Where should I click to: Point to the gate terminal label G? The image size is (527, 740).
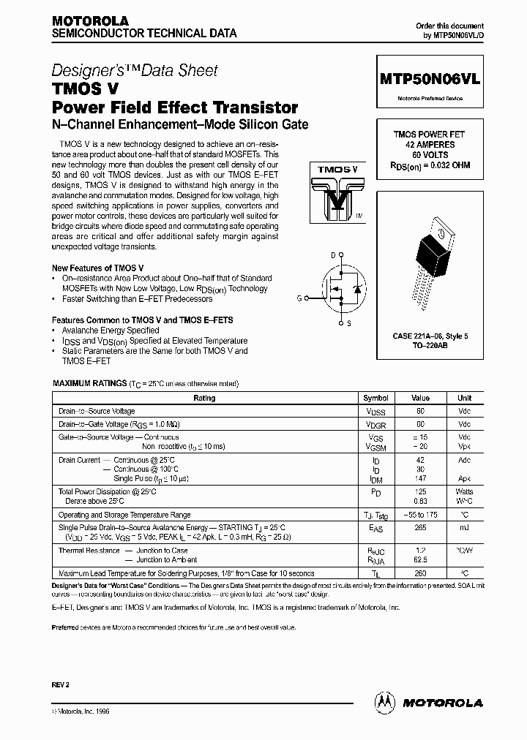coord(298,298)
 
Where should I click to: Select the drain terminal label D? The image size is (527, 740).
coord(332,254)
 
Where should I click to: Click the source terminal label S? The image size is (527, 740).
coord(348,322)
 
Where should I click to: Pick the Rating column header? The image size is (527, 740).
coord(204,398)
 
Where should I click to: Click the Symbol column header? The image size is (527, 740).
coord(375,398)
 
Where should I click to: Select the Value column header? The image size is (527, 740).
coord(420,398)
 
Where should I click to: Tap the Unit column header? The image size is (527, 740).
coord(465,398)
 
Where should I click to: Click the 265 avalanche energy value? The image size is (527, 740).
coord(420,526)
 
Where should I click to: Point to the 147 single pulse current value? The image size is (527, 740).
coord(420,478)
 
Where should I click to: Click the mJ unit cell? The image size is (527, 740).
coord(465,526)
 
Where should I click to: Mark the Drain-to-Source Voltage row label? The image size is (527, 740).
coord(97,412)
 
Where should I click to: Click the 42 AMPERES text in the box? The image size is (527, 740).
coord(430,145)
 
